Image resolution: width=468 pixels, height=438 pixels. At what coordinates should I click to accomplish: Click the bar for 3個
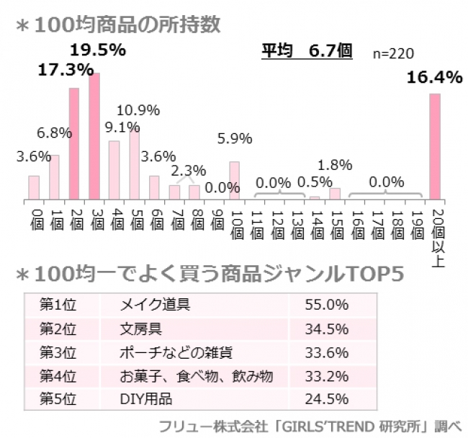coord(94,135)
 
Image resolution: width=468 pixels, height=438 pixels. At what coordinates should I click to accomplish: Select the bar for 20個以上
coord(435,146)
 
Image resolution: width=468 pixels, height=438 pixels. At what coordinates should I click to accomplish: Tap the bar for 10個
coord(234,180)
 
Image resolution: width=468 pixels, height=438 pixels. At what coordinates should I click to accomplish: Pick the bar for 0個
coord(34,187)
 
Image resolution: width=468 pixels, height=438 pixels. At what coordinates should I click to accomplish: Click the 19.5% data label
coord(98,50)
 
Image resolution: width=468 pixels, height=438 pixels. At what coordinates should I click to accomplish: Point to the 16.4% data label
coord(434,78)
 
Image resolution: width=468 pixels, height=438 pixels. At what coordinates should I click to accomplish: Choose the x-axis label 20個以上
coord(435,234)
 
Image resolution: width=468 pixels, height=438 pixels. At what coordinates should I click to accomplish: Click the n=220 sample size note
coord(393,54)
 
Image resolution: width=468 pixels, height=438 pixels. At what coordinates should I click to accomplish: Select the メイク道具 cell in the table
coord(154,305)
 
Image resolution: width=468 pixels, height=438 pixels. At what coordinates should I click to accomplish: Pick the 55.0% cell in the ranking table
coord(327,305)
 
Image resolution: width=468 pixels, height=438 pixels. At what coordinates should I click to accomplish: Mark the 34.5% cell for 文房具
coord(327,328)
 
